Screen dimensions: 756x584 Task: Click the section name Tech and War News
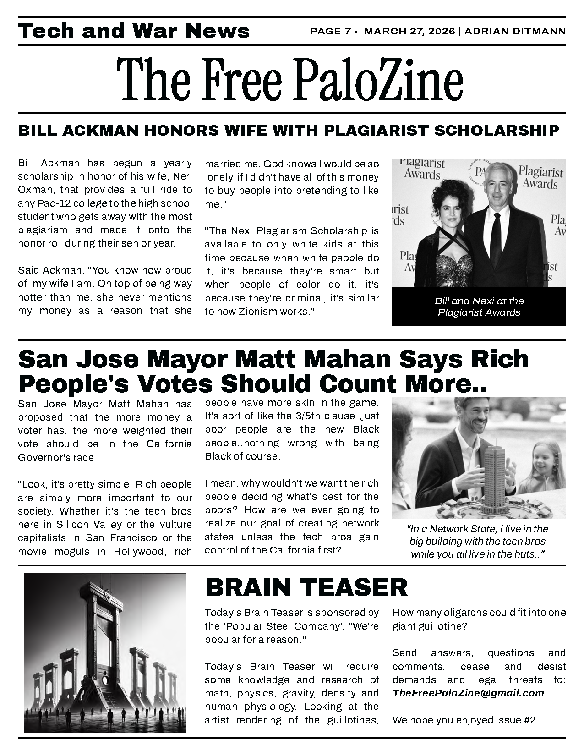tap(134, 31)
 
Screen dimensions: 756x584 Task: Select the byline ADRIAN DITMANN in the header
tap(516, 31)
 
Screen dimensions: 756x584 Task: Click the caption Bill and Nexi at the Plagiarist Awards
tap(479, 307)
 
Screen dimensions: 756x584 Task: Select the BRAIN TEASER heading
tap(306, 587)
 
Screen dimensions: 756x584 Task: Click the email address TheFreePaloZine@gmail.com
tap(468, 693)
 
